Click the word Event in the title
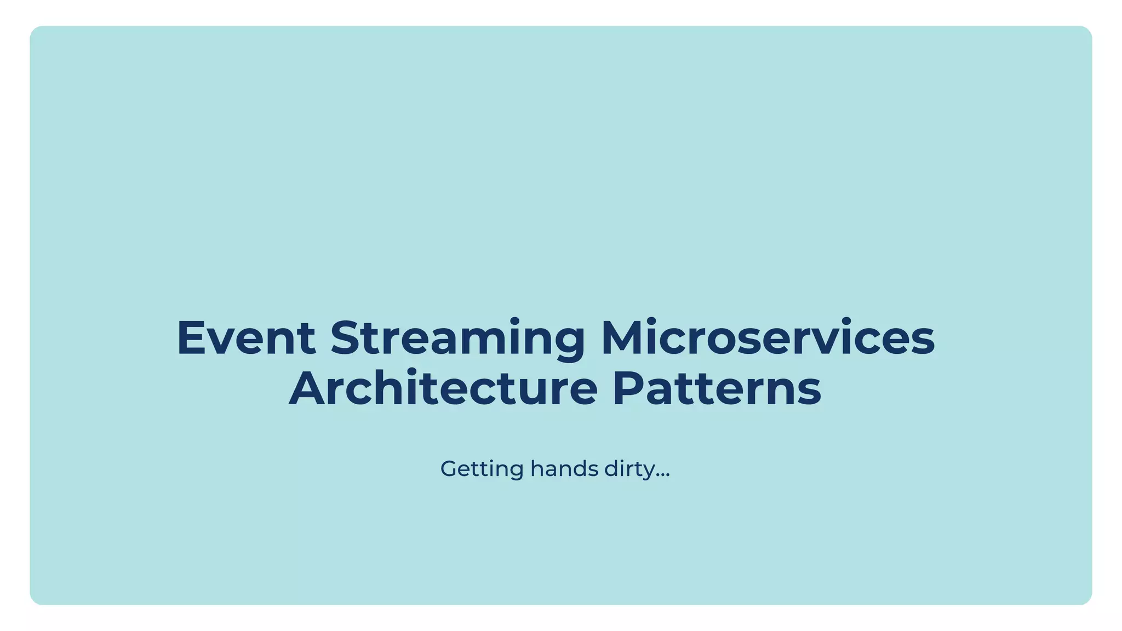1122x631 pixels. [x=246, y=338]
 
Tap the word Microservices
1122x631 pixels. [x=768, y=338]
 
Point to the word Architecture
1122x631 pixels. [x=443, y=388]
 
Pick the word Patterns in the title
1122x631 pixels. [x=717, y=388]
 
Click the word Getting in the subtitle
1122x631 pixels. [x=482, y=469]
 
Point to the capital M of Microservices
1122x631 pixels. [x=624, y=338]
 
